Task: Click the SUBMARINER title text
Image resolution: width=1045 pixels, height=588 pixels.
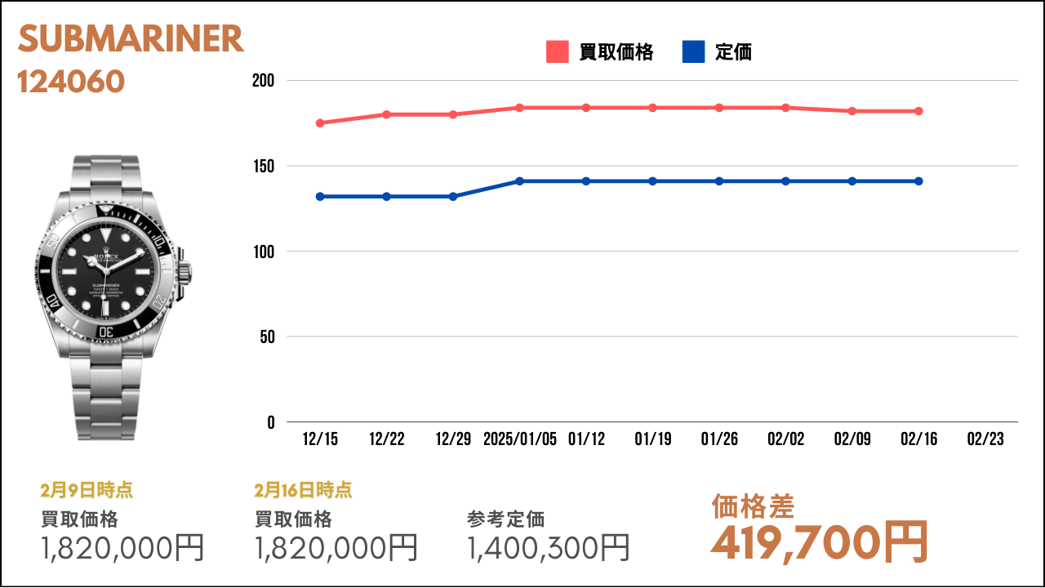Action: point(131,38)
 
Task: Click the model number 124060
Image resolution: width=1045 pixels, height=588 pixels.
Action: point(71,82)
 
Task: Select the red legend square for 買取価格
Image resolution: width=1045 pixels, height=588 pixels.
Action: point(557,51)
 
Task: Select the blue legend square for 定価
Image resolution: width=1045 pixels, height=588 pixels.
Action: point(693,51)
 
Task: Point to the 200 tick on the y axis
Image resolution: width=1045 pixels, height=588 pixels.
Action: point(263,81)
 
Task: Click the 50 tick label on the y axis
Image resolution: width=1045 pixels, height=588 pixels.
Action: point(267,337)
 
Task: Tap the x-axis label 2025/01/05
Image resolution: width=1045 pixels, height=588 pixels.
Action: point(520,439)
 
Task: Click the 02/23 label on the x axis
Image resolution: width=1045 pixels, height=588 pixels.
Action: point(985,439)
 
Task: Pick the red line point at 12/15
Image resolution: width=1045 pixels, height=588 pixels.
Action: point(320,123)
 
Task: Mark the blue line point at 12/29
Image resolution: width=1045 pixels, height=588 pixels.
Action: point(453,197)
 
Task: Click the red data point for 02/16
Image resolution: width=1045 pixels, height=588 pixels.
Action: point(918,111)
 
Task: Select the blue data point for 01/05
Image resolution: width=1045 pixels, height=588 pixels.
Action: point(519,181)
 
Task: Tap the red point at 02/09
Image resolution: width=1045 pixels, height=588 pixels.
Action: point(852,111)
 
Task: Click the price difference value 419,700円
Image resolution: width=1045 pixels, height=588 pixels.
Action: point(819,543)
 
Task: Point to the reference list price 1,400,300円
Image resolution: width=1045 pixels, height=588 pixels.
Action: point(548,548)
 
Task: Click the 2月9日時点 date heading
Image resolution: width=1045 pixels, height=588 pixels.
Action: point(87,490)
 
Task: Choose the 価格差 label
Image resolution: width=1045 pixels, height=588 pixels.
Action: point(753,507)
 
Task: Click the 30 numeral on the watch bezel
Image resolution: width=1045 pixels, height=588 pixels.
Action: point(106,332)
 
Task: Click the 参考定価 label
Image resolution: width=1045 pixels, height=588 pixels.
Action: point(505,519)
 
